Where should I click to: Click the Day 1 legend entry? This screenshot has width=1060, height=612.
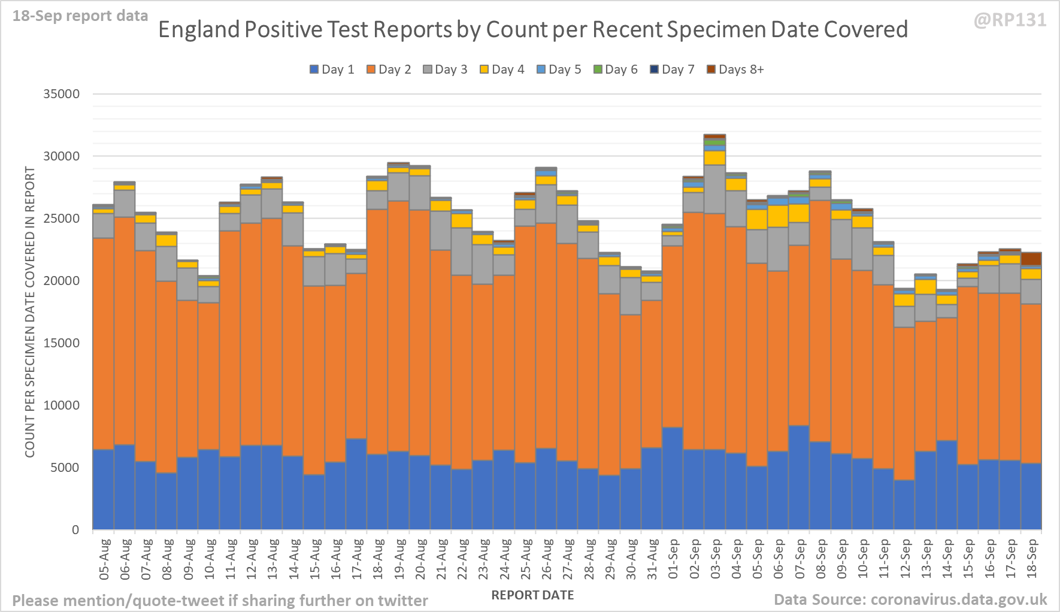(332, 69)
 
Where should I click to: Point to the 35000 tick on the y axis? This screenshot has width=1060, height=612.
(61, 94)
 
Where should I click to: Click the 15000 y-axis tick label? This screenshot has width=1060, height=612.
(61, 343)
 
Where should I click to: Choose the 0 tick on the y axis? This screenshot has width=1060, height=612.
(75, 530)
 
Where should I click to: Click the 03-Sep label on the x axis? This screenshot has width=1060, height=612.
(716, 559)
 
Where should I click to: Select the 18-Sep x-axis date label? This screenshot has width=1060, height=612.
(1032, 559)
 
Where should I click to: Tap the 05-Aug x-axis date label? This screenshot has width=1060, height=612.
(104, 559)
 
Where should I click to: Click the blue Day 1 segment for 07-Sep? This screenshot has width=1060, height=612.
(799, 477)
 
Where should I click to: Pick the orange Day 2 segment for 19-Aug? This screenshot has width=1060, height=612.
(398, 326)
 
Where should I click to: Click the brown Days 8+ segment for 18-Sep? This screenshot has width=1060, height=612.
(1031, 259)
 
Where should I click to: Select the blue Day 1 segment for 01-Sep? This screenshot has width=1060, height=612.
(673, 478)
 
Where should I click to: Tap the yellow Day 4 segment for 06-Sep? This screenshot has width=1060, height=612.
(778, 216)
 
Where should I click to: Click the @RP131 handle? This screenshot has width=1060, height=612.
(1010, 20)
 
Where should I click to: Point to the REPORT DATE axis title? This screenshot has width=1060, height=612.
(532, 595)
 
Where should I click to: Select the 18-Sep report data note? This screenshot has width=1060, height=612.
(80, 16)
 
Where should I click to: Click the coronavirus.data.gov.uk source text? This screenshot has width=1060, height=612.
(958, 599)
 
